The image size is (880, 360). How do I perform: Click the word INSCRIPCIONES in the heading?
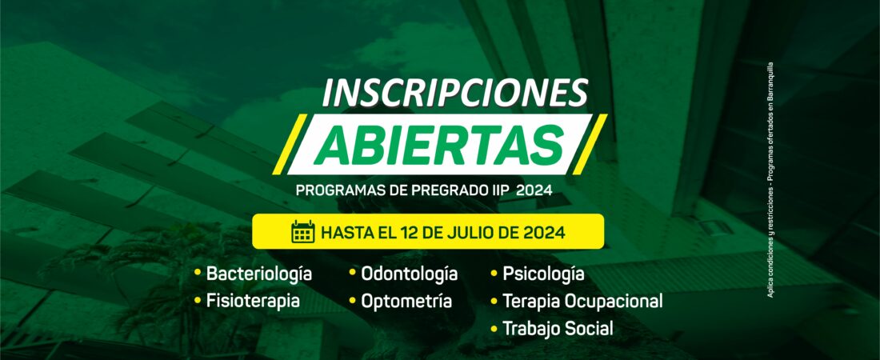click(x=454, y=93)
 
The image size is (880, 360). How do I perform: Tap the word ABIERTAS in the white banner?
click(x=439, y=146)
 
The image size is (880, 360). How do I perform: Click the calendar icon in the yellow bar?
click(x=303, y=231)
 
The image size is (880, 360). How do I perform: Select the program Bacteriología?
click(x=258, y=274)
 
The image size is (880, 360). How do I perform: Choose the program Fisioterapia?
click(x=253, y=301)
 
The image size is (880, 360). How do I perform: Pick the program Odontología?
click(x=409, y=274)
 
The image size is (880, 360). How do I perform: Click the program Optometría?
click(x=406, y=301)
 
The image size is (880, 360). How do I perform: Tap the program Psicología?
click(x=543, y=274)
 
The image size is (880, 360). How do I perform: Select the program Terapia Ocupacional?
click(x=582, y=301)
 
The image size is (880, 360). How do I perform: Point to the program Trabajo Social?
click(x=558, y=328)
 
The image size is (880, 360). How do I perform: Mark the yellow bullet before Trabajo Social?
click(x=494, y=328)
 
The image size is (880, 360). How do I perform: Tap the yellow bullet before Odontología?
click(x=353, y=273)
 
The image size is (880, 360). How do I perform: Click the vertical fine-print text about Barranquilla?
click(x=770, y=179)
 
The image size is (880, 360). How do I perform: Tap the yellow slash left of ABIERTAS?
click(x=290, y=144)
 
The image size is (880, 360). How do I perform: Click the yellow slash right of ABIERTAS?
click(x=590, y=144)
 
